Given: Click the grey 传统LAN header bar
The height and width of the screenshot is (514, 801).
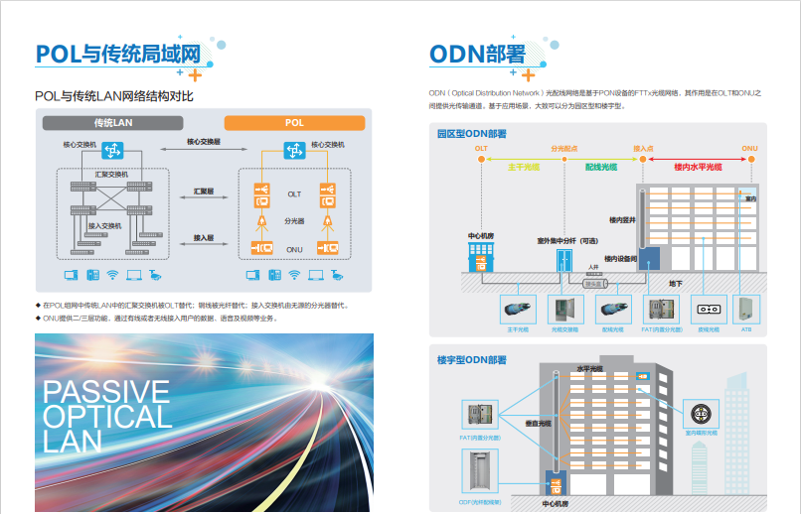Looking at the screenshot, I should pyautogui.click(x=112, y=123).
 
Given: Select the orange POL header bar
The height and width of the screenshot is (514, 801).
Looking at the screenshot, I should pyautogui.click(x=294, y=123).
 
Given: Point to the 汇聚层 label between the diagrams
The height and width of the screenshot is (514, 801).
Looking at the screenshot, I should pyautogui.click(x=204, y=190).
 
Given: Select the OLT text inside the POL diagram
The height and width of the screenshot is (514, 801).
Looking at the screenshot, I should pyautogui.click(x=294, y=193).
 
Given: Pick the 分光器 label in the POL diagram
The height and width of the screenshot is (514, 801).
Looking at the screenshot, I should pyautogui.click(x=294, y=220).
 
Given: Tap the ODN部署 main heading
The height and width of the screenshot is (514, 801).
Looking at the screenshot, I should pyautogui.click(x=477, y=54).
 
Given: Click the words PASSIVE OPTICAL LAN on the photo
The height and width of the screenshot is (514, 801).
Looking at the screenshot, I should pyautogui.click(x=107, y=416).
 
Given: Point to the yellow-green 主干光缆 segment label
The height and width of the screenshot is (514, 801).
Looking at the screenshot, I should pyautogui.click(x=523, y=168).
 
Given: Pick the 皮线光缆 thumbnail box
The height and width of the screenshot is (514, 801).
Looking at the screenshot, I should pyautogui.click(x=709, y=309).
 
